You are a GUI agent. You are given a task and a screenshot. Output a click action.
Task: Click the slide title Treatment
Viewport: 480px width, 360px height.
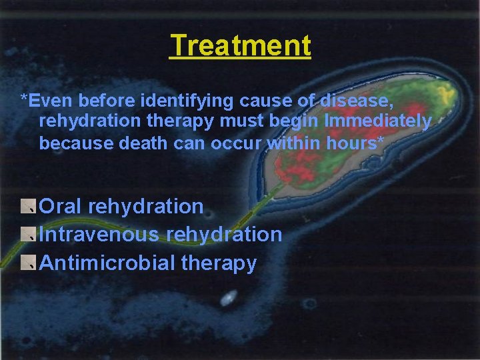pos(240,47)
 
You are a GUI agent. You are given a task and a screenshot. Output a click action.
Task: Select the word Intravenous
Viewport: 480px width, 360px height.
pos(99,235)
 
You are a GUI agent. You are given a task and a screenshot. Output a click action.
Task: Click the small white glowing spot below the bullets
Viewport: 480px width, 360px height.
pos(228,297)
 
